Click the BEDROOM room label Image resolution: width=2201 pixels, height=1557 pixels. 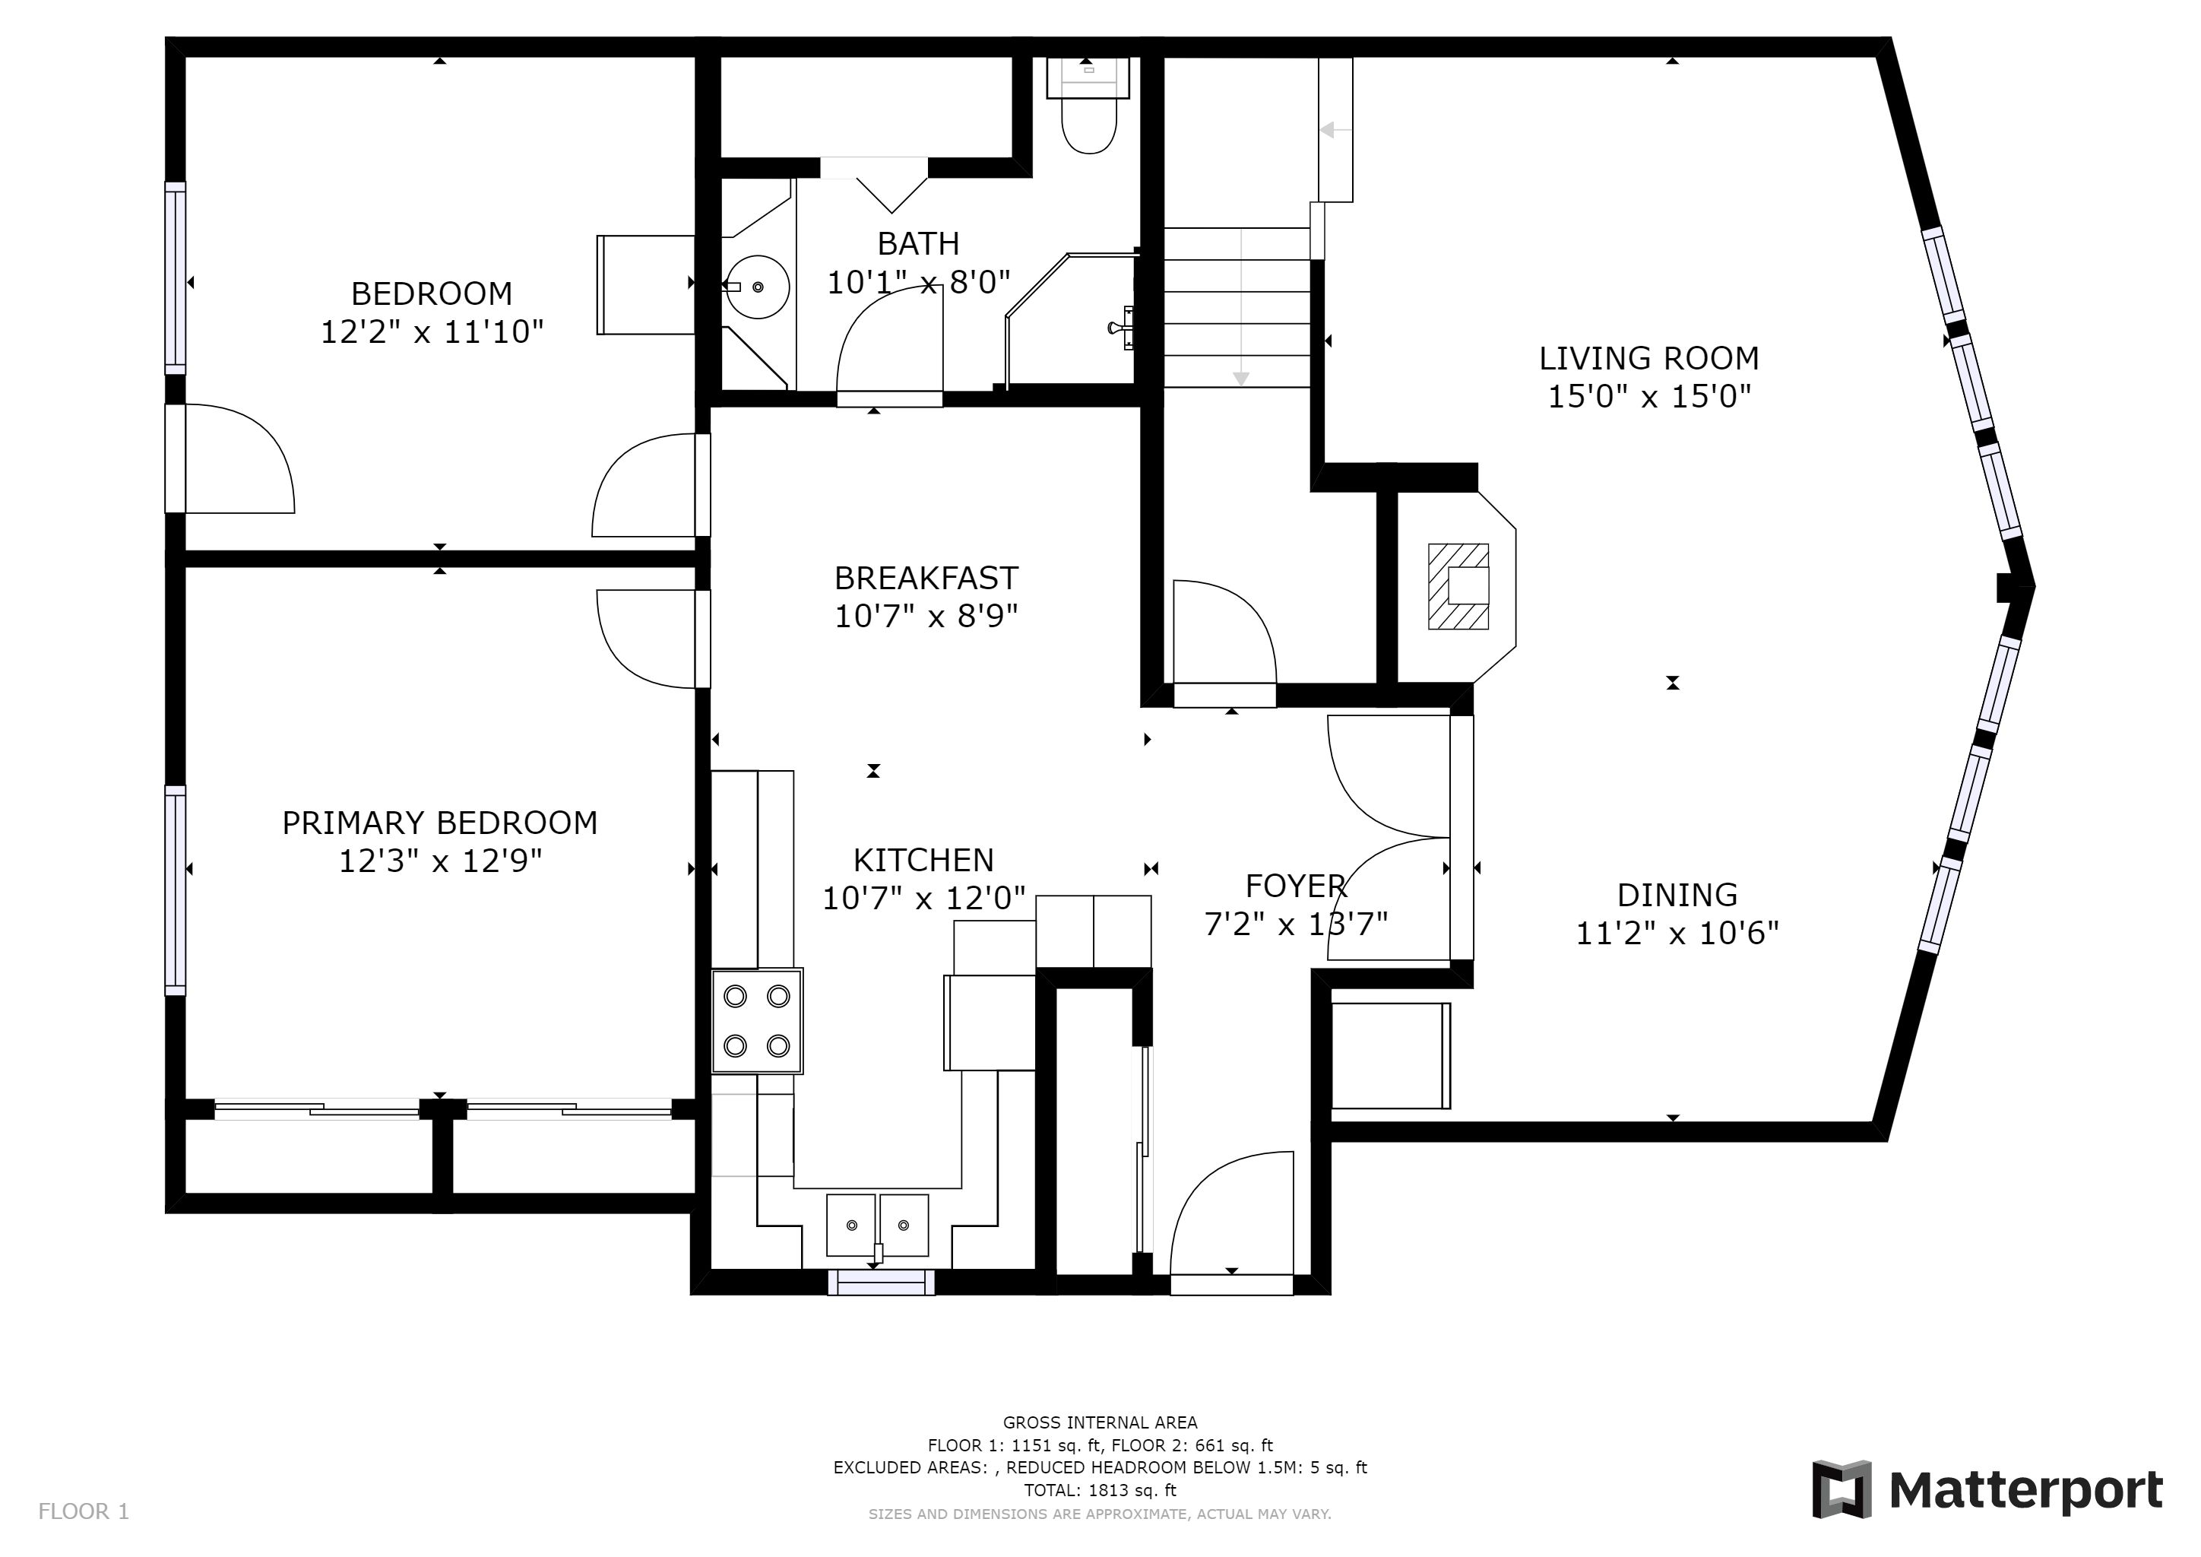pyautogui.click(x=432, y=293)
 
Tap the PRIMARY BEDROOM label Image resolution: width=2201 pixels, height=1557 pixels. pyautogui.click(x=440, y=823)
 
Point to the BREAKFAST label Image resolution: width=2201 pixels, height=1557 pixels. pyautogui.click(x=926, y=578)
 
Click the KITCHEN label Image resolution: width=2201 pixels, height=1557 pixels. pyautogui.click(x=923, y=860)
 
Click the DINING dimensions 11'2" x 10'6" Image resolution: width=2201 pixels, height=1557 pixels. pyautogui.click(x=1677, y=933)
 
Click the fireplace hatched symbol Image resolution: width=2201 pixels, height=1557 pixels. pyautogui.click(x=1458, y=587)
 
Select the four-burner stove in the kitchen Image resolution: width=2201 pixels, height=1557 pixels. pyautogui.click(x=757, y=1021)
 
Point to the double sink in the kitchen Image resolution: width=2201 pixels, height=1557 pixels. pyautogui.click(x=878, y=1226)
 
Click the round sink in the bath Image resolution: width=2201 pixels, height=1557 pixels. pyautogui.click(x=756, y=287)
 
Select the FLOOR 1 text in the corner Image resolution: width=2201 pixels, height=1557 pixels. pyautogui.click(x=84, y=1512)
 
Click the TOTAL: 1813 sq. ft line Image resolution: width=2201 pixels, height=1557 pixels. pyautogui.click(x=1100, y=1490)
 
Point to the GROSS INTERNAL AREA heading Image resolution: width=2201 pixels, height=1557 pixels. pyautogui.click(x=1100, y=1422)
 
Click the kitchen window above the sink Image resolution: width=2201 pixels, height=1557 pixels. pyautogui.click(x=881, y=1283)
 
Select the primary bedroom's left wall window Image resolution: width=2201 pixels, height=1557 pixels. pyautogui.click(x=176, y=889)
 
